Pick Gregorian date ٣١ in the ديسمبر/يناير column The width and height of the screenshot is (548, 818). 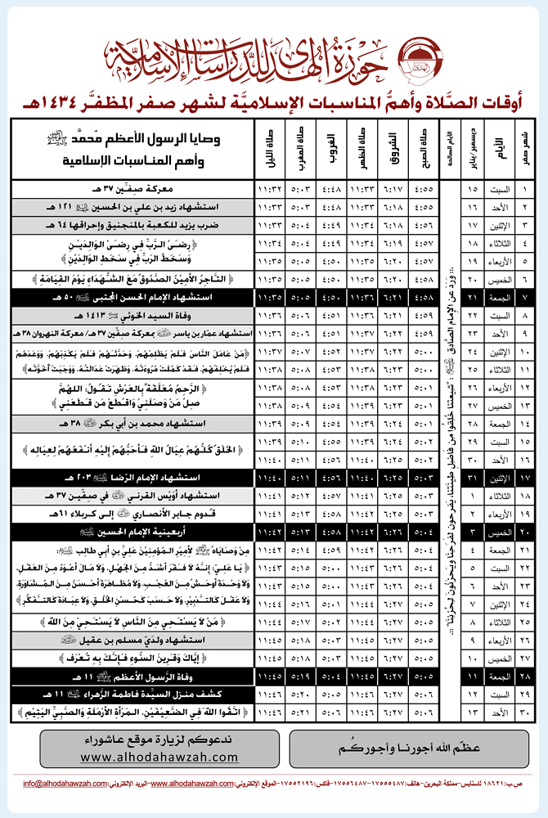(x=470, y=474)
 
